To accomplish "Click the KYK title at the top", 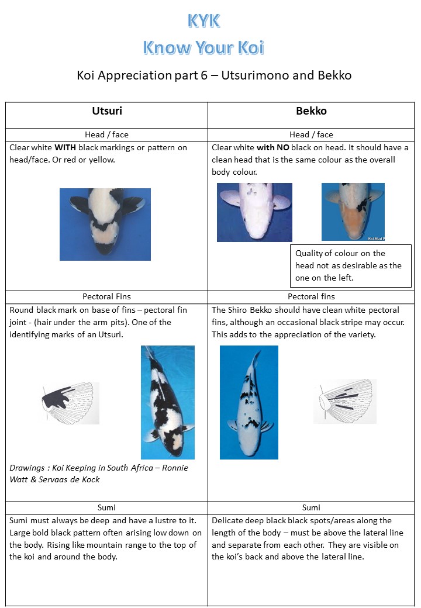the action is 204,21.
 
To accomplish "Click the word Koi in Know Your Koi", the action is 251,47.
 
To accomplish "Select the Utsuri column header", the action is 107,111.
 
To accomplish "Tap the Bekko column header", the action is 311,111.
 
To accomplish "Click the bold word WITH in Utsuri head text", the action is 65,147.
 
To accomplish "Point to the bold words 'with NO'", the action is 273,147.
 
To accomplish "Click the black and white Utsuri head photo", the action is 105,224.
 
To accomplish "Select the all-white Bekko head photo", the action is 254,212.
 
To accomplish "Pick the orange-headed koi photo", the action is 353,212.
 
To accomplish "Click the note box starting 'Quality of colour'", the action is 351,265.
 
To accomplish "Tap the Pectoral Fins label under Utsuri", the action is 106,296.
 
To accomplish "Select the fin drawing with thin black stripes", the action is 344,401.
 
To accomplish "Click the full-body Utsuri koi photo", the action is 167,402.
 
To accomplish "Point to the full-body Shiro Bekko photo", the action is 249,402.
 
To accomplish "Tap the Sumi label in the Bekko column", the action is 311,507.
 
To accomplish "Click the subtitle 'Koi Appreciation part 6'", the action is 142,75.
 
